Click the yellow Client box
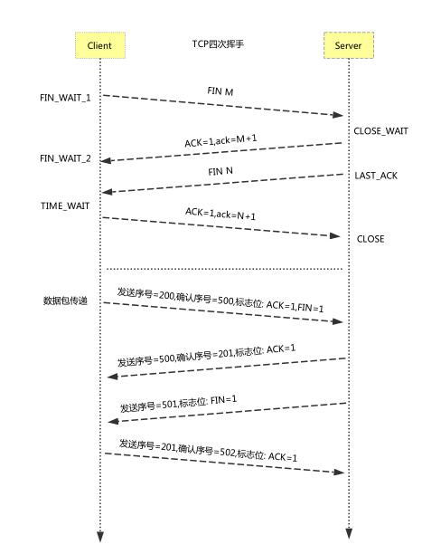pyautogui.click(x=99, y=44)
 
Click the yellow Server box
pyautogui.click(x=347, y=44)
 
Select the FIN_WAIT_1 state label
pyautogui.click(x=65, y=96)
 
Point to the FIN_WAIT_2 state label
pyautogui.click(x=65, y=158)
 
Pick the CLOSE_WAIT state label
pyautogui.click(x=380, y=131)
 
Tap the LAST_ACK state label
pyautogui.click(x=375, y=175)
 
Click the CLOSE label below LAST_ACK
pyautogui.click(x=370, y=239)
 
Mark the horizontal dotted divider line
pyautogui.click(x=225, y=269)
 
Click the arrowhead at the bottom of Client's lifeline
pyautogui.click(x=100, y=536)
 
